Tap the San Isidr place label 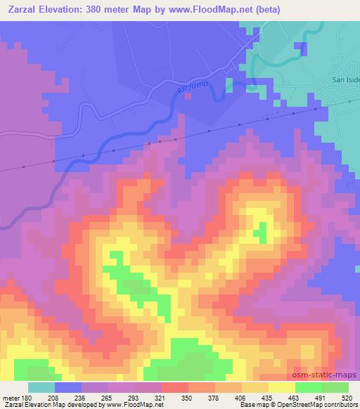click(345, 80)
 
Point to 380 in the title click(101, 9)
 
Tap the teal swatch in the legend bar click(41, 388)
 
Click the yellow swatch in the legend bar click(281, 388)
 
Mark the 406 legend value click(241, 397)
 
